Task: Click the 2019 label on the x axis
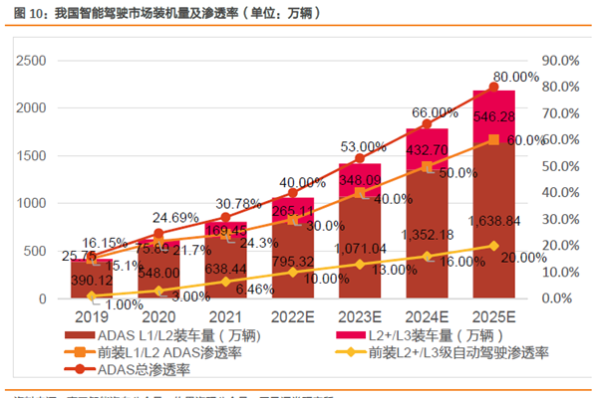[91, 315]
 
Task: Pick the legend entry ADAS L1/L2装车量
[164, 335]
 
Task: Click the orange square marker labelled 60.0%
[494, 140]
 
